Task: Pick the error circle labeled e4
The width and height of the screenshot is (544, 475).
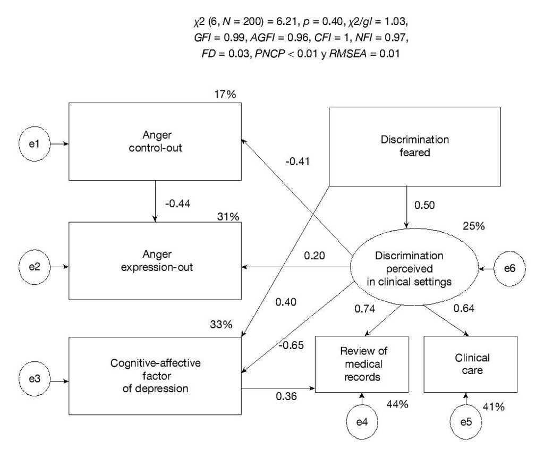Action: tap(362, 422)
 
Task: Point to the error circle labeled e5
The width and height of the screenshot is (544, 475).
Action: tap(465, 422)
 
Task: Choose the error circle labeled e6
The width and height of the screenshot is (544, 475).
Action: tap(509, 270)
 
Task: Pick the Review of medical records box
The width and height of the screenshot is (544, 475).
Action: tap(362, 364)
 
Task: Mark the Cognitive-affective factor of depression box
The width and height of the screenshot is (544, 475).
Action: tap(155, 376)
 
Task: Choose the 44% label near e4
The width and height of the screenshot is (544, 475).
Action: tap(397, 404)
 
